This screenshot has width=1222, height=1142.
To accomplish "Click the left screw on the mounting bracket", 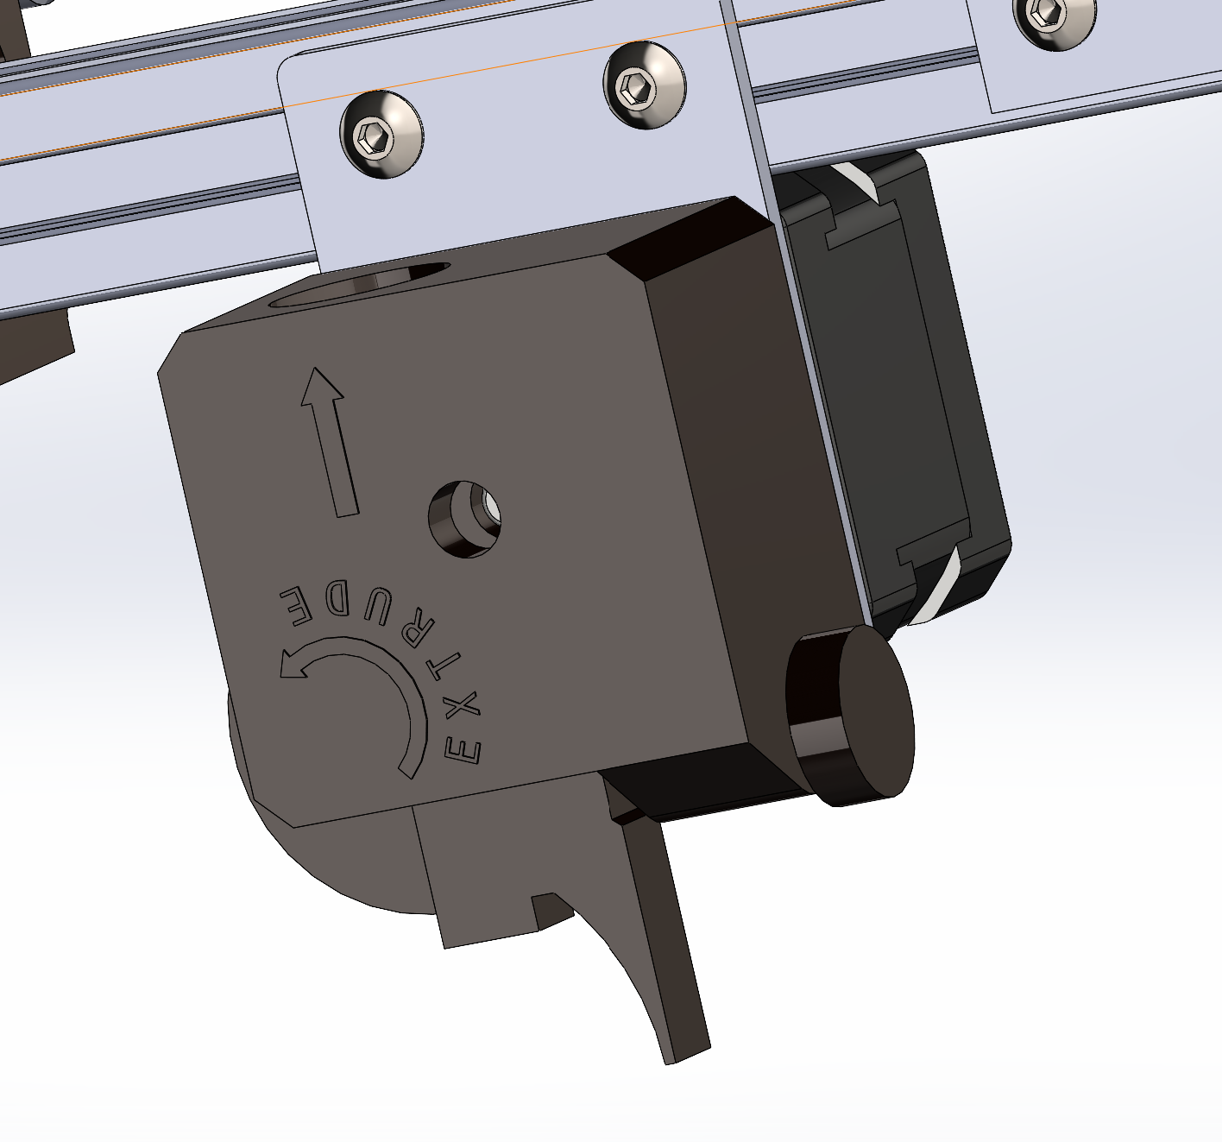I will tap(381, 135).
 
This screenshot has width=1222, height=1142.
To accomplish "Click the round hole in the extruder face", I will tap(466, 519).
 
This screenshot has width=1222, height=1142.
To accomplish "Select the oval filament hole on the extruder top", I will tap(362, 283).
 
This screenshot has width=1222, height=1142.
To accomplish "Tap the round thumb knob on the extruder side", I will tap(863, 716).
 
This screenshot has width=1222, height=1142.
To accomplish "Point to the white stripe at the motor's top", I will tap(854, 183).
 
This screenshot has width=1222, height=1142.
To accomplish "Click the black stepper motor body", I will tap(915, 388).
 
